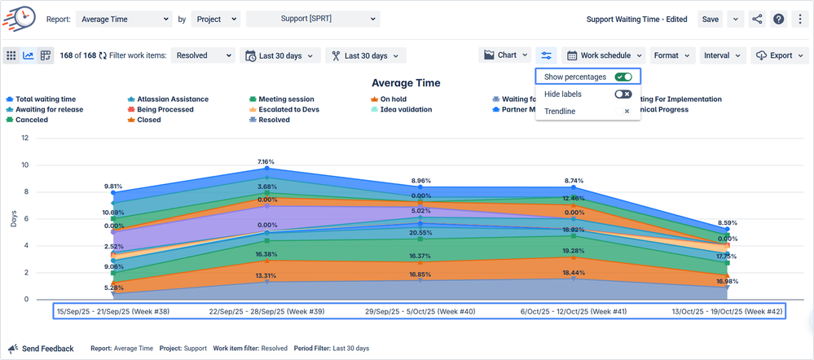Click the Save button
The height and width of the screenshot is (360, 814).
[x=711, y=19]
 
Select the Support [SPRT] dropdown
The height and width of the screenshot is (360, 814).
[x=313, y=19]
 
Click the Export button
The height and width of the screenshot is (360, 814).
[x=780, y=55]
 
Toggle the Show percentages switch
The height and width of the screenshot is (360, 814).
[x=623, y=77]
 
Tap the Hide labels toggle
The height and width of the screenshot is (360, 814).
[x=623, y=94]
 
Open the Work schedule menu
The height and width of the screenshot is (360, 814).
[x=604, y=55]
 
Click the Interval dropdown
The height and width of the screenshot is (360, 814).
[x=723, y=55]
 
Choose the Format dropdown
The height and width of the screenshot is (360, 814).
[x=671, y=55]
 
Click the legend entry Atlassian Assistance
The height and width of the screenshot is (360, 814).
[x=173, y=99]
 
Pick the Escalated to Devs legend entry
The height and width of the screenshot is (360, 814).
[x=296, y=109]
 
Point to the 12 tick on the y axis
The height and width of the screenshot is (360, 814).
[x=25, y=138]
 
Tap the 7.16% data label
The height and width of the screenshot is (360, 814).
[x=266, y=161]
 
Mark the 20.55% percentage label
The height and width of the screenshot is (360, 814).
[x=420, y=232]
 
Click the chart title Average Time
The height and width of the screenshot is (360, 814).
[x=406, y=83]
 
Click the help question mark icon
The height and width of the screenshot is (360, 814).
[x=778, y=19]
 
